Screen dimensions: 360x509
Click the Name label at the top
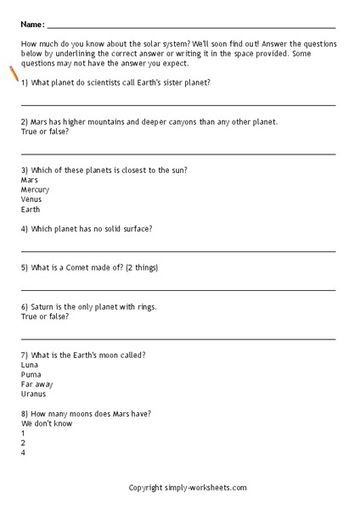click(31, 25)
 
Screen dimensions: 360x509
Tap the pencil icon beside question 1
click(14, 74)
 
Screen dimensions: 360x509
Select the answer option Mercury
click(35, 190)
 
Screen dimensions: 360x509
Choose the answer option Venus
click(31, 199)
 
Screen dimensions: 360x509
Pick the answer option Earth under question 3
click(30, 210)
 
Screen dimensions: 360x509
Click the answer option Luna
click(30, 364)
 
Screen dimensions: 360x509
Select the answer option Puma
click(31, 373)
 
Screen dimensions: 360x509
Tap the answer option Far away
click(36, 383)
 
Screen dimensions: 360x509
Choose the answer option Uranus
click(33, 394)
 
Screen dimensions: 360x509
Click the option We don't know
click(47, 423)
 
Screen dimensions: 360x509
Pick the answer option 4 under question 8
click(23, 453)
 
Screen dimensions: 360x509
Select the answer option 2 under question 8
click(23, 443)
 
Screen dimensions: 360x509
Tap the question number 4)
click(24, 228)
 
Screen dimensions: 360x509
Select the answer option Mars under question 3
click(30, 180)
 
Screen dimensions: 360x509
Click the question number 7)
click(24, 354)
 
